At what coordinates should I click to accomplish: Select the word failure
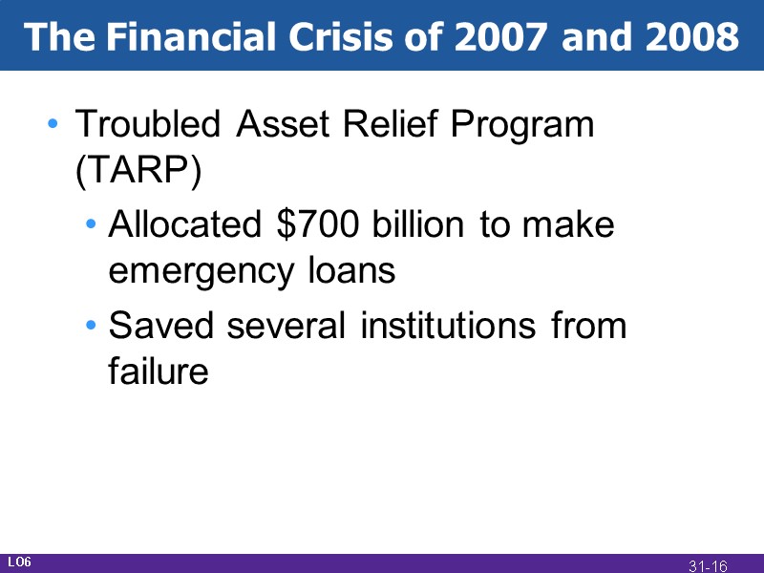point(159,371)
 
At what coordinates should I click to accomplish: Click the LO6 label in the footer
point(18,562)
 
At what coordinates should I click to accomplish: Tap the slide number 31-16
point(708,566)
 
